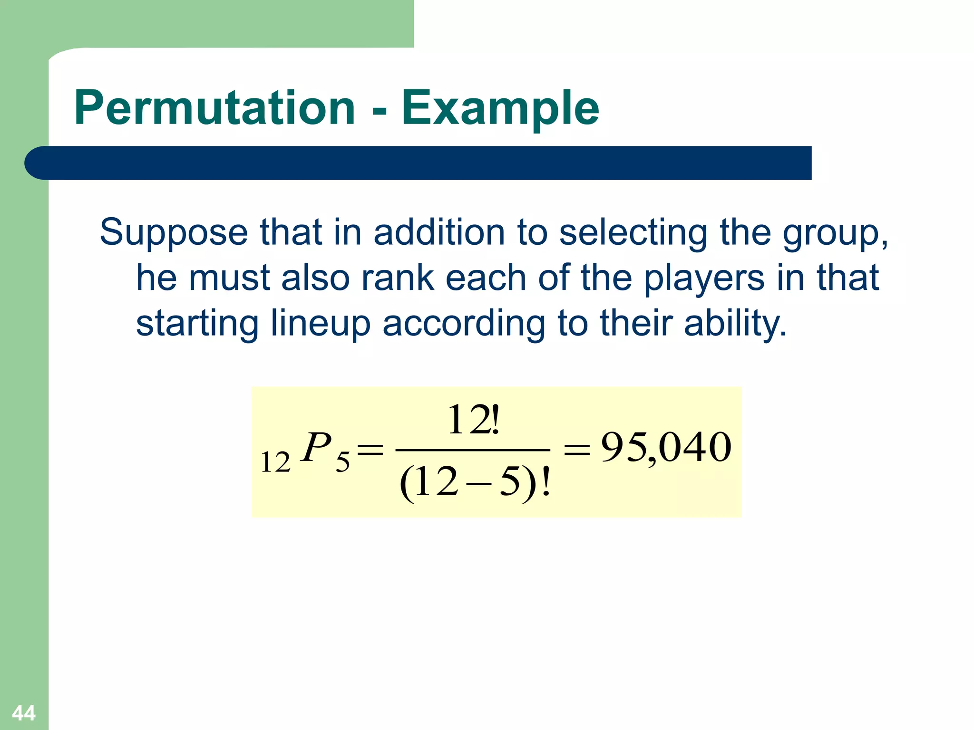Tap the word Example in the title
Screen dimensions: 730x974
point(500,109)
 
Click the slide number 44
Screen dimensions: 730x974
point(24,713)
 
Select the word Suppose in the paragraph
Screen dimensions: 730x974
point(174,233)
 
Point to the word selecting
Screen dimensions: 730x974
point(633,233)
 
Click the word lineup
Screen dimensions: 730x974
point(320,324)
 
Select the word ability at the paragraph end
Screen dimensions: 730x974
point(735,324)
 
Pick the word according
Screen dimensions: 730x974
point(464,324)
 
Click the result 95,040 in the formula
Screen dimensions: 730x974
point(666,448)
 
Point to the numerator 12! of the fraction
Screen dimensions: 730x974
point(474,420)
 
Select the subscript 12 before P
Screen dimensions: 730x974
point(275,462)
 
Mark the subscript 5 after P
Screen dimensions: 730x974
point(342,462)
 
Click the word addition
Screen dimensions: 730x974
point(438,233)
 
